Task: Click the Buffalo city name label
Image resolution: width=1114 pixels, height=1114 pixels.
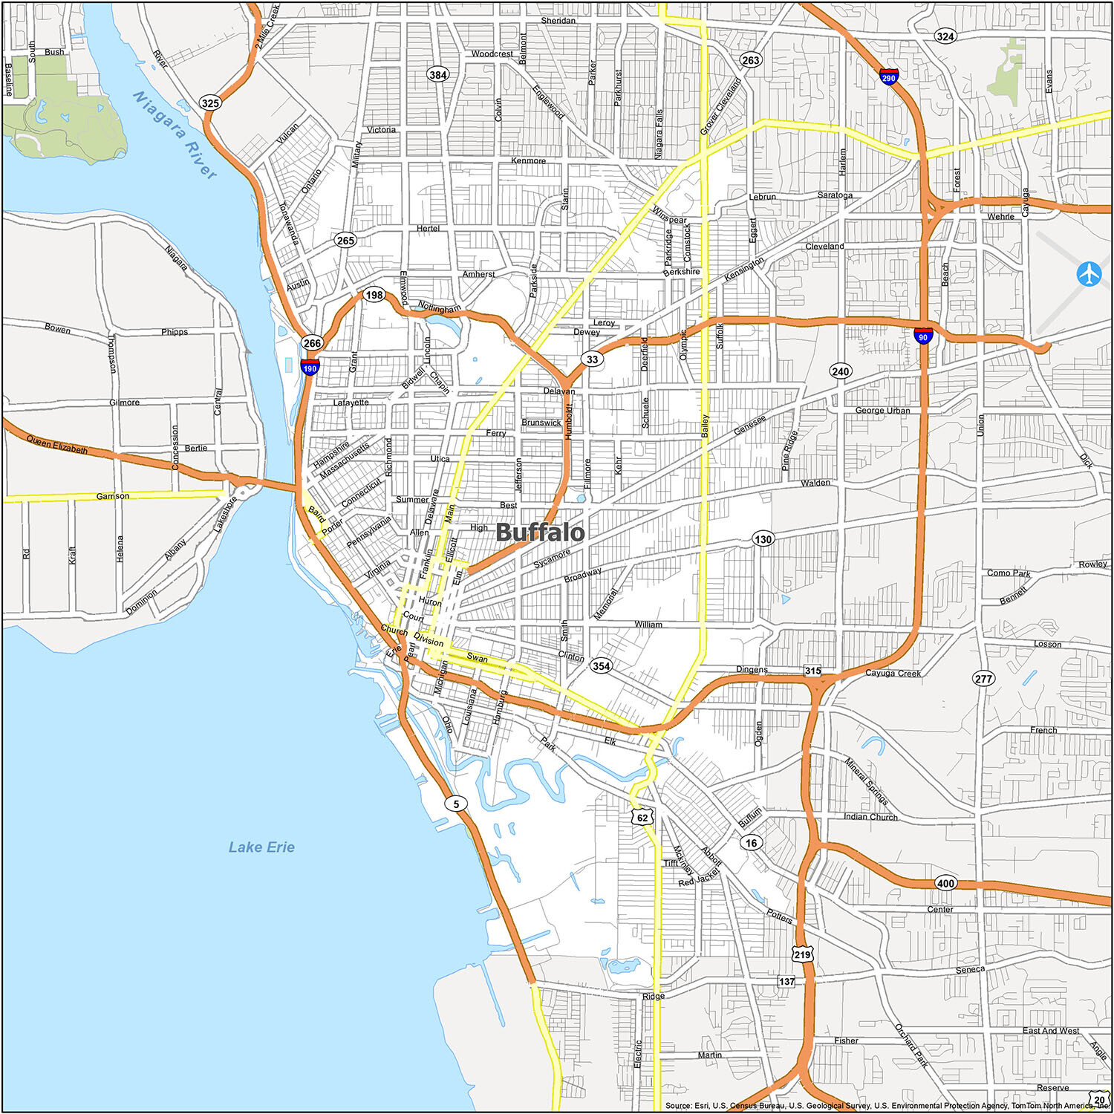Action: pos(540,532)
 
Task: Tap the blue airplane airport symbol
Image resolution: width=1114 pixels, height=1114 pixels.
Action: pos(1089,274)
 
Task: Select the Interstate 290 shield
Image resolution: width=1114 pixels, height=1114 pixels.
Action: pos(888,76)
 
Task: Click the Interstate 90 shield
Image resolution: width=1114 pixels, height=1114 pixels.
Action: pos(923,336)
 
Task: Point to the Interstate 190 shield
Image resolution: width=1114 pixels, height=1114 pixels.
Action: pos(310,367)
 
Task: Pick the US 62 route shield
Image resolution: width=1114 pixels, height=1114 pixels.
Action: pos(642,817)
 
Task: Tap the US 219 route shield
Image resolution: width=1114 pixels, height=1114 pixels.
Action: pos(802,954)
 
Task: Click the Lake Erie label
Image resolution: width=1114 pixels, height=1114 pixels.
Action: pos(261,847)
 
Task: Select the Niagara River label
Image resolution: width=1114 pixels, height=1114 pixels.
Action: pos(175,134)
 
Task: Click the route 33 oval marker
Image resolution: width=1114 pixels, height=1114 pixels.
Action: pos(592,359)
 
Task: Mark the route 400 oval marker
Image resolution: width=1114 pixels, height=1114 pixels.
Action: pos(945,883)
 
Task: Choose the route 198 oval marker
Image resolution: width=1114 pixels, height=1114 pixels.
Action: pos(374,295)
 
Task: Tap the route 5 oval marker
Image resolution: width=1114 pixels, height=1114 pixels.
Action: pos(456,804)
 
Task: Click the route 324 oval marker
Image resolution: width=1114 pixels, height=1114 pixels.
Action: pos(945,36)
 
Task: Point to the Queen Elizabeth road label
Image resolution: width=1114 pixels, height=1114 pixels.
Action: pos(57,445)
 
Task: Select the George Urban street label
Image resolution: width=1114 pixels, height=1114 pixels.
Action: pos(882,410)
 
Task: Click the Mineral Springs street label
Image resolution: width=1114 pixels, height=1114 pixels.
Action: pos(867,781)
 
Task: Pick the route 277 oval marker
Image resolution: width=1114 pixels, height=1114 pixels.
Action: pos(983,678)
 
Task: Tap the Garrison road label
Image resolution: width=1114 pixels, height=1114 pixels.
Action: pos(113,495)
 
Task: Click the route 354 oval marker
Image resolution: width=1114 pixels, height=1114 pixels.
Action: pos(601,665)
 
